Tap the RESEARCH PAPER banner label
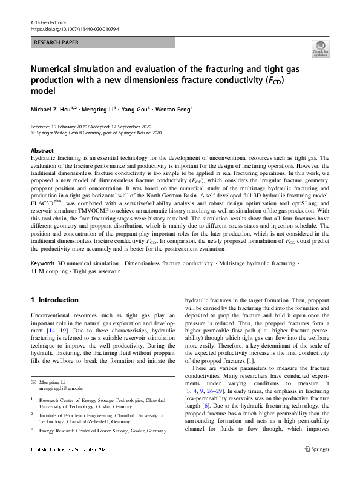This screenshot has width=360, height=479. (x=59, y=43)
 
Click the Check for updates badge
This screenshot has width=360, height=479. (x=320, y=50)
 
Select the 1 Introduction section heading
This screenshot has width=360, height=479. (x=54, y=300)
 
